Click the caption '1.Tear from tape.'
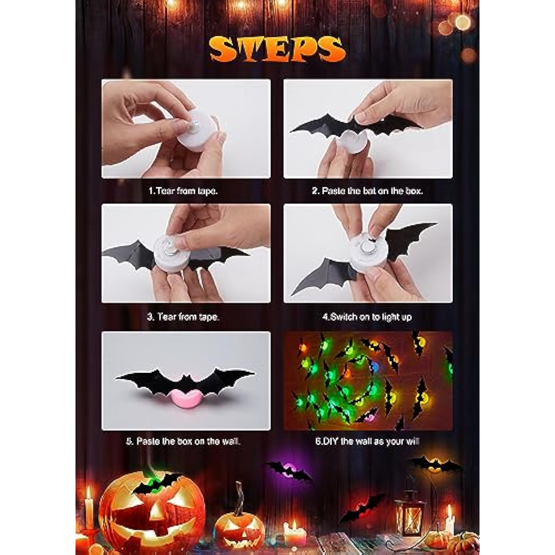click(183, 191)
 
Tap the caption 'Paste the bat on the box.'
click(372, 191)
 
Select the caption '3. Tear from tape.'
click(183, 317)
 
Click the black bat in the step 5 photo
click(185, 379)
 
